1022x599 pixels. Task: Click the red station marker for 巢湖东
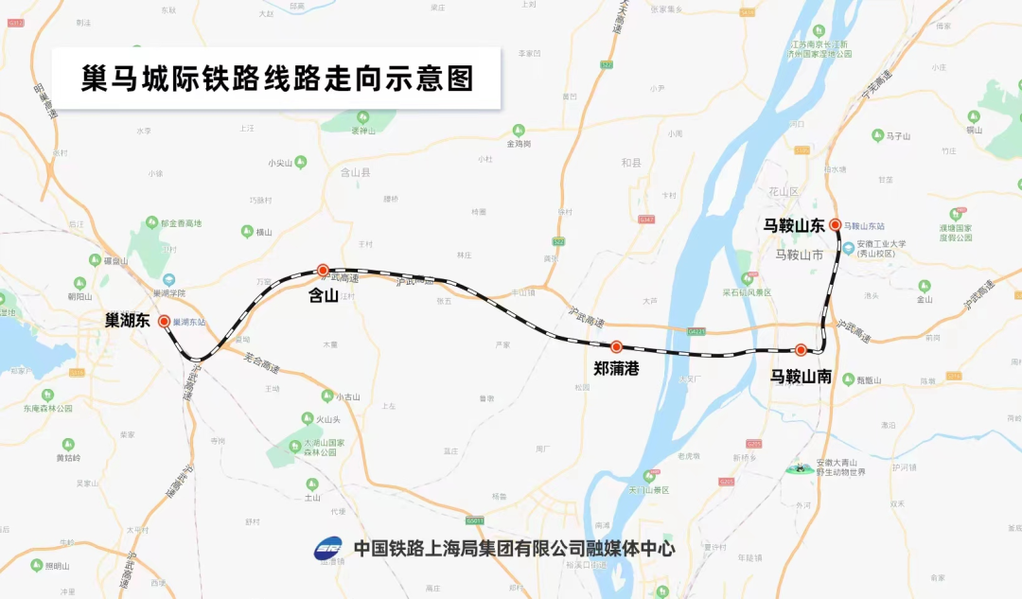164,321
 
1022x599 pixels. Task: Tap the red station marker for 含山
323,270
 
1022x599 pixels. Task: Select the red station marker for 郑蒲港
616,347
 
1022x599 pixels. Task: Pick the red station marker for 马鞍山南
801,349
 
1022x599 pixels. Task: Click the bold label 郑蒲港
616,369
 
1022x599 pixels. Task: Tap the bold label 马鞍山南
801,376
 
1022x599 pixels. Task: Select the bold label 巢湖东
128,321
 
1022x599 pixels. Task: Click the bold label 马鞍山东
795,225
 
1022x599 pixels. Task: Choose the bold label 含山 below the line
324,295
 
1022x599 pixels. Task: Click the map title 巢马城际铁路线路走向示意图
277,78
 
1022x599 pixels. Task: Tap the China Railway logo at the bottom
328,548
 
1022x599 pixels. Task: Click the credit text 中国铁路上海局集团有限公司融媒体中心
514,548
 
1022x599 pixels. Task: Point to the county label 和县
631,163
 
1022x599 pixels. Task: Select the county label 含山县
355,173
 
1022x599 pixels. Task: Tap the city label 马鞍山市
799,255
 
